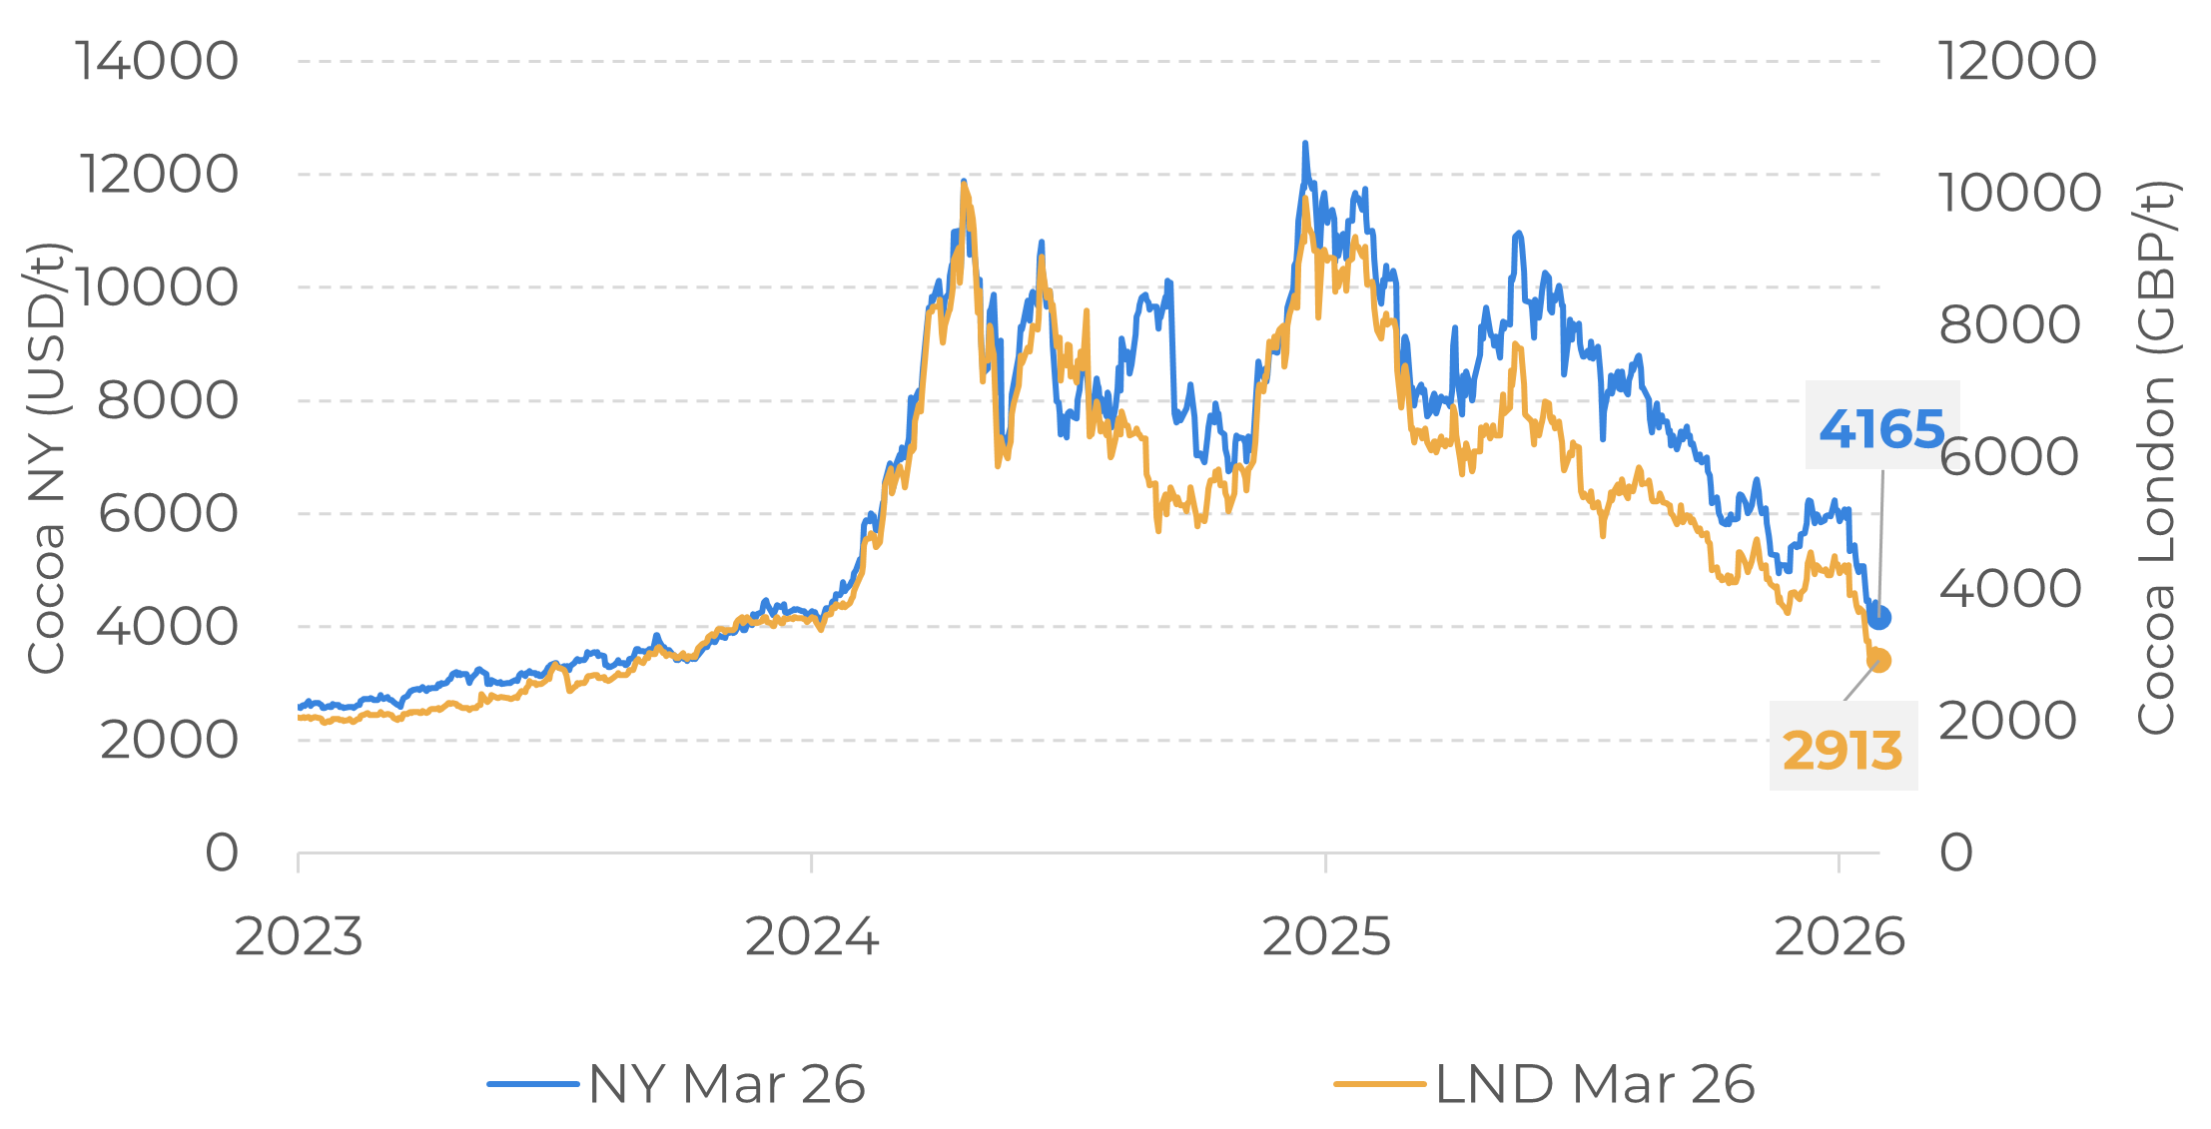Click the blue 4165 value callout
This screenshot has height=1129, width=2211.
click(1881, 428)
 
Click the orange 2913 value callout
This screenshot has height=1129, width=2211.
click(1842, 750)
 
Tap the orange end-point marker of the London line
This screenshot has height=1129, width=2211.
click(1878, 660)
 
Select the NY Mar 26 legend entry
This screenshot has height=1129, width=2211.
click(677, 1084)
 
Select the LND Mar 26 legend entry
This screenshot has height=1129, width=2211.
click(1544, 1084)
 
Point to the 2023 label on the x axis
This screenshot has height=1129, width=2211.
click(298, 937)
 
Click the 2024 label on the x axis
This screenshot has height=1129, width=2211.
click(812, 937)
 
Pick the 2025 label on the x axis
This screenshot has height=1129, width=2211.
click(1326, 937)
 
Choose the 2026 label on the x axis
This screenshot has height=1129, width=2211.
click(1839, 937)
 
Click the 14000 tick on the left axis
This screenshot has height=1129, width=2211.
click(157, 61)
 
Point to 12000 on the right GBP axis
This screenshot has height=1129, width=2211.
click(2016, 61)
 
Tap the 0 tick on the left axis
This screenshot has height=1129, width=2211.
click(222, 853)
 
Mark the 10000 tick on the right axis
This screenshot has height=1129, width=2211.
click(2019, 193)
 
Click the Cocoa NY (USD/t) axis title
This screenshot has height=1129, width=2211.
click(46, 457)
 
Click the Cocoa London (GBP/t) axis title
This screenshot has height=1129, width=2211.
click(2157, 457)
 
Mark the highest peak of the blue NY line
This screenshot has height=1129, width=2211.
click(1304, 145)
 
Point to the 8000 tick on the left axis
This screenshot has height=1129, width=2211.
click(167, 401)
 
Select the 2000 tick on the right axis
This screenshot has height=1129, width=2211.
click(2007, 721)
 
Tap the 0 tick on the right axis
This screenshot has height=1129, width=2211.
click(1956, 853)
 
